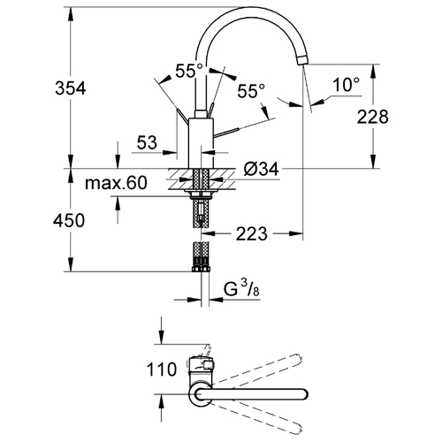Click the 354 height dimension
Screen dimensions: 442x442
(x=71, y=88)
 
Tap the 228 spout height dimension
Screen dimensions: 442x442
(x=373, y=117)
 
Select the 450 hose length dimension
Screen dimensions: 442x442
(x=69, y=220)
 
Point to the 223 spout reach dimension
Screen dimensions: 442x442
(x=252, y=234)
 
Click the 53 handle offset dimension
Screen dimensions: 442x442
(x=147, y=142)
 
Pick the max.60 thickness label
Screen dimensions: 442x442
(x=116, y=183)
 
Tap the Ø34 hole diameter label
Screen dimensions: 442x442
(x=261, y=169)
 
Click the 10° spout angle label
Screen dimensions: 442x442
(x=347, y=85)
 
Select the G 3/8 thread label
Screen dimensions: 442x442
(x=241, y=289)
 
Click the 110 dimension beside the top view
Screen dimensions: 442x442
(x=162, y=370)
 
